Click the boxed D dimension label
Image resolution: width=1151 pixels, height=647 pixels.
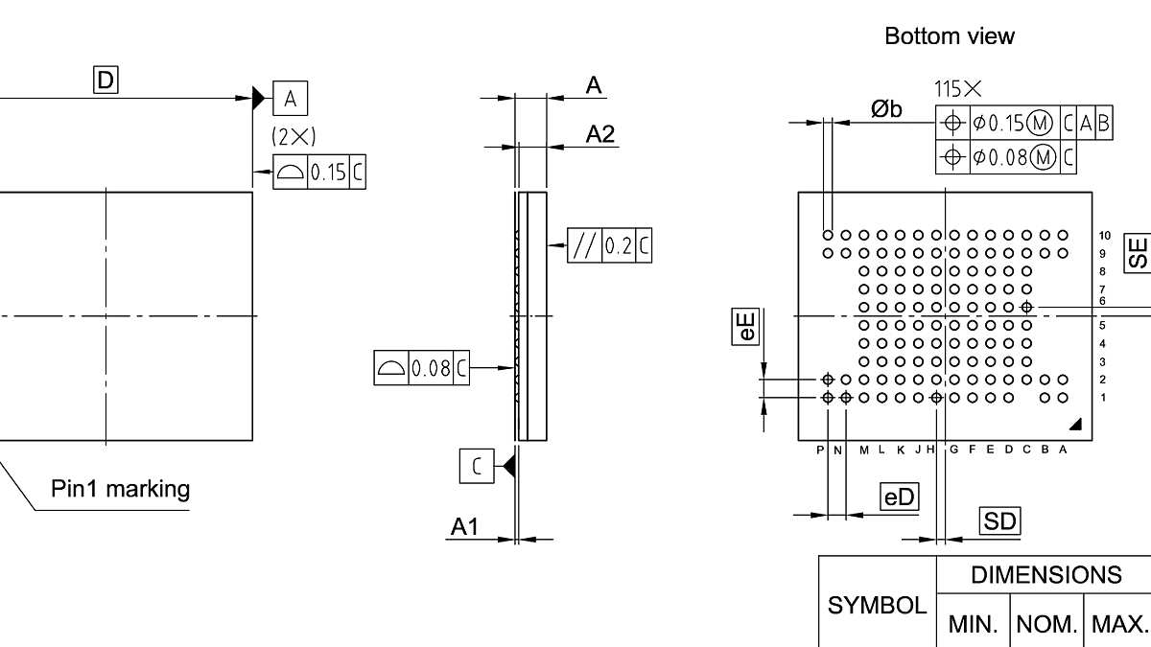coord(105,81)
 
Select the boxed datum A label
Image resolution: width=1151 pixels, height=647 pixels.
coord(291,98)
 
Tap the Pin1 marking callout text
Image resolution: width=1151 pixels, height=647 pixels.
coord(120,490)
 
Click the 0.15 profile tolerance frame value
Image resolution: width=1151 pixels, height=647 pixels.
coord(328,173)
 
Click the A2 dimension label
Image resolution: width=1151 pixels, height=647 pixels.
coord(600,134)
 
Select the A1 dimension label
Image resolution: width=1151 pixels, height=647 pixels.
coord(465,526)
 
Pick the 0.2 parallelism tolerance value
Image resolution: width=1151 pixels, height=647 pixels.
coord(620,246)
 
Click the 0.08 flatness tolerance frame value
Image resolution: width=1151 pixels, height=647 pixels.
coord(431,368)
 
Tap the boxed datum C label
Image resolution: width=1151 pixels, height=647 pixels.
coord(476,466)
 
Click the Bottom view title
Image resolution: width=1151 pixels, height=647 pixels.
coord(949,36)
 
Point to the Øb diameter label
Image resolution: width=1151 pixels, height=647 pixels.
coord(887,109)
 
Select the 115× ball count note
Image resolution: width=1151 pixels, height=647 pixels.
coord(958,89)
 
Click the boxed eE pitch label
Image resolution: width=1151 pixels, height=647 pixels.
coord(746,326)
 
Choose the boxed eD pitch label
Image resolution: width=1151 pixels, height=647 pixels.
coord(899,497)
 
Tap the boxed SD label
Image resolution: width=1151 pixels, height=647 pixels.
coord(999,520)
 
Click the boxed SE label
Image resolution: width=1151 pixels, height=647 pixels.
coord(1138,252)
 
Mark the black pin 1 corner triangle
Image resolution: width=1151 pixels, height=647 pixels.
coord(1074,424)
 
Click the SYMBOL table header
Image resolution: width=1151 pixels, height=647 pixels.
coord(877,605)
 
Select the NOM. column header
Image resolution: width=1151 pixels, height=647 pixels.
coord(1046,625)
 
